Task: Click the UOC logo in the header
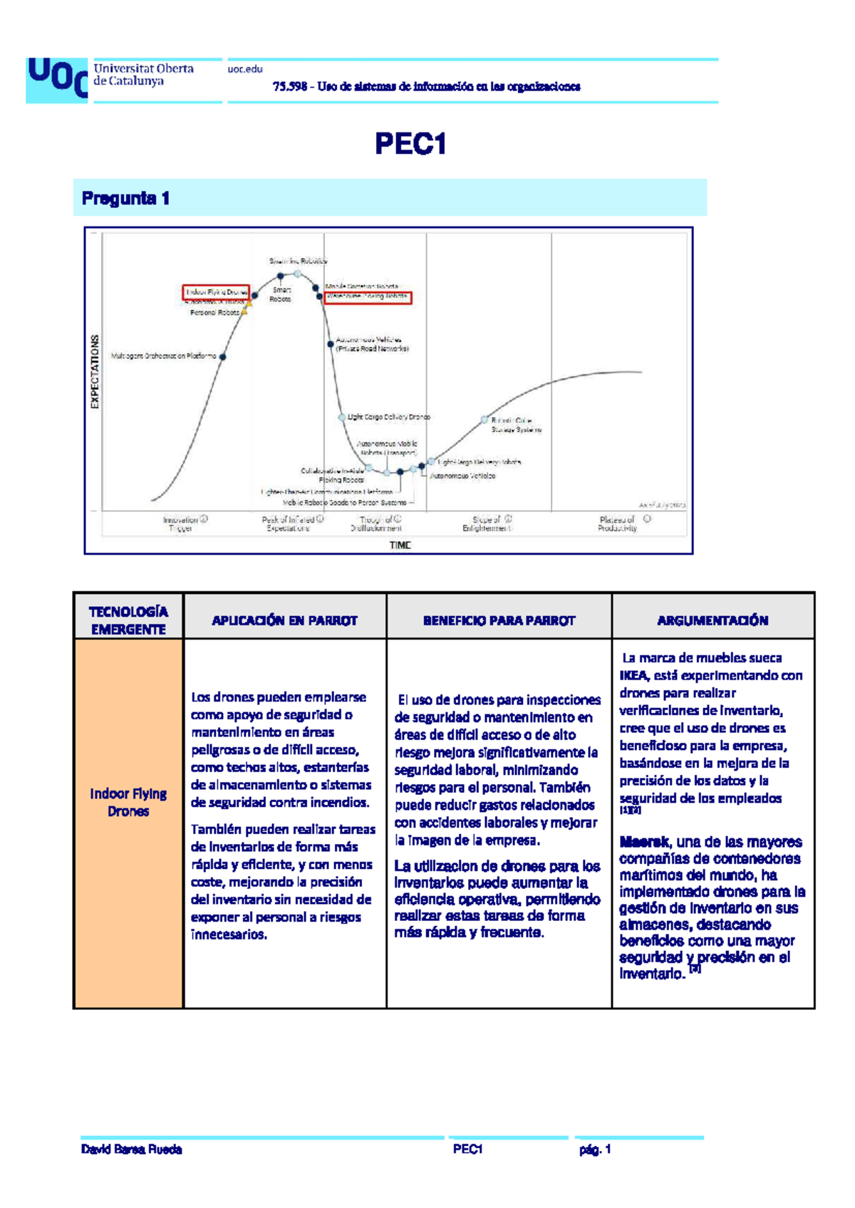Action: tap(57, 80)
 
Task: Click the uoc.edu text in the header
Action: tap(245, 69)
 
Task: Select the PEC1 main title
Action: tap(410, 145)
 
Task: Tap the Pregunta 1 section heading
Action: tap(125, 199)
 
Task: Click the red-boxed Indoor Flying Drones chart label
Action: tap(217, 292)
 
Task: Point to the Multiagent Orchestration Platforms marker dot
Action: tap(223, 357)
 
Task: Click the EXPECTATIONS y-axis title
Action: tap(95, 372)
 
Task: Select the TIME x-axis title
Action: tap(400, 545)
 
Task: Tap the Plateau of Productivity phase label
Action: tap(618, 524)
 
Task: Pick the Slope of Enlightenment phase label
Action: tap(487, 524)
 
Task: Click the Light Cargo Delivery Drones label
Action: tap(388, 417)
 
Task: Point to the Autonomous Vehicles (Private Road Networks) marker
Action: tap(331, 345)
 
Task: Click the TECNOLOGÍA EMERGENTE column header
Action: tap(128, 620)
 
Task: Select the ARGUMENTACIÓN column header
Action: tap(712, 620)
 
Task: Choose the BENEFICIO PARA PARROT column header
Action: tap(499, 620)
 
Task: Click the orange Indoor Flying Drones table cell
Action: tap(128, 803)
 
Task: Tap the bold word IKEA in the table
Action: tap(633, 676)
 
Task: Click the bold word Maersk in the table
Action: tap(644, 842)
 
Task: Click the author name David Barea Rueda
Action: tap(132, 1150)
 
